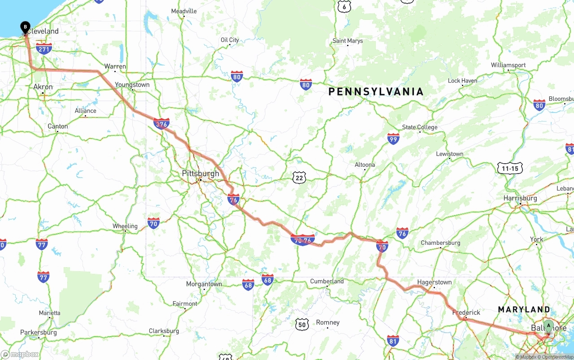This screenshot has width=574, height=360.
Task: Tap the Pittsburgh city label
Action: click(200, 173)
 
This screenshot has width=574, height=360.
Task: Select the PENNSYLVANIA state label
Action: click(376, 92)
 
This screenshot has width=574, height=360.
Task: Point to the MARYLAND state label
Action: click(524, 309)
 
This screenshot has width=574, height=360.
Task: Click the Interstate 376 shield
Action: click(161, 124)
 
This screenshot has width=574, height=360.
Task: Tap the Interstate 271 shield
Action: click(44, 49)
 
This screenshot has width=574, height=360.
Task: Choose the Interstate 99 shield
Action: click(393, 139)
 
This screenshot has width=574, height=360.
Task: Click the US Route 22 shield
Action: click(300, 178)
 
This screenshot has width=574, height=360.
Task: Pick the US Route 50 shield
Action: click(302, 324)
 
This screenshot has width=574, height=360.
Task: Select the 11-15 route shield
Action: click(510, 169)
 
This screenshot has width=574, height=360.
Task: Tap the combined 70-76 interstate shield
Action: click(303, 240)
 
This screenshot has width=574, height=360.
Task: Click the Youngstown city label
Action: click(132, 85)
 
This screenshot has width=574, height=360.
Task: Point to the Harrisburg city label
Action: click(520, 198)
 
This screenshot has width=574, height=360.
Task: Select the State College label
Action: click(419, 127)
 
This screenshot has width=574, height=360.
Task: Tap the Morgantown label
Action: click(204, 284)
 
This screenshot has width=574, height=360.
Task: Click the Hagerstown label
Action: click(434, 282)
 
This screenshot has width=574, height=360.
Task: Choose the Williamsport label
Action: click(508, 65)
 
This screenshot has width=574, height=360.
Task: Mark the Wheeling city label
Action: click(125, 226)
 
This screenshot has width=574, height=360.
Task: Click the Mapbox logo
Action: click(20, 355)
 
